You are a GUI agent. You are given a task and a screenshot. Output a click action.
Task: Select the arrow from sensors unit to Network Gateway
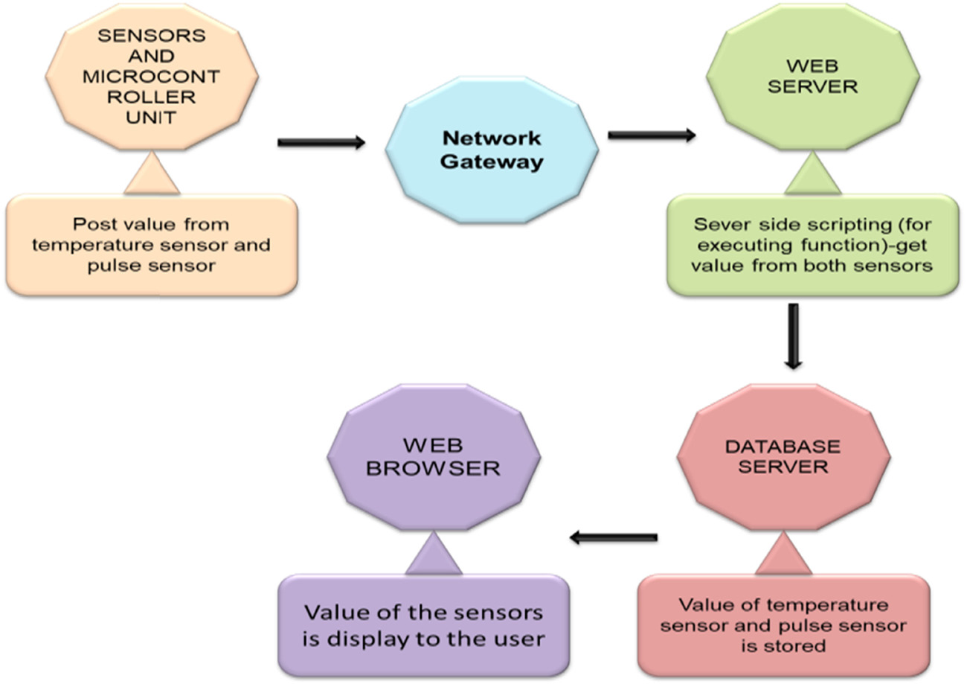click(321, 141)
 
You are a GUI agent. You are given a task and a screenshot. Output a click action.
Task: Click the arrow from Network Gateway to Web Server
click(652, 135)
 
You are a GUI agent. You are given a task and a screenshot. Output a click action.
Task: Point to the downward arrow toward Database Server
click(794, 336)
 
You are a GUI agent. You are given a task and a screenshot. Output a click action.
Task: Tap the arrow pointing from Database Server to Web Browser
click(614, 537)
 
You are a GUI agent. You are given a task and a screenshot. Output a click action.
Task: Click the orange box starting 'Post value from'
click(152, 245)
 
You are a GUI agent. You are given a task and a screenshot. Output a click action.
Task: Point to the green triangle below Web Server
click(813, 177)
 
